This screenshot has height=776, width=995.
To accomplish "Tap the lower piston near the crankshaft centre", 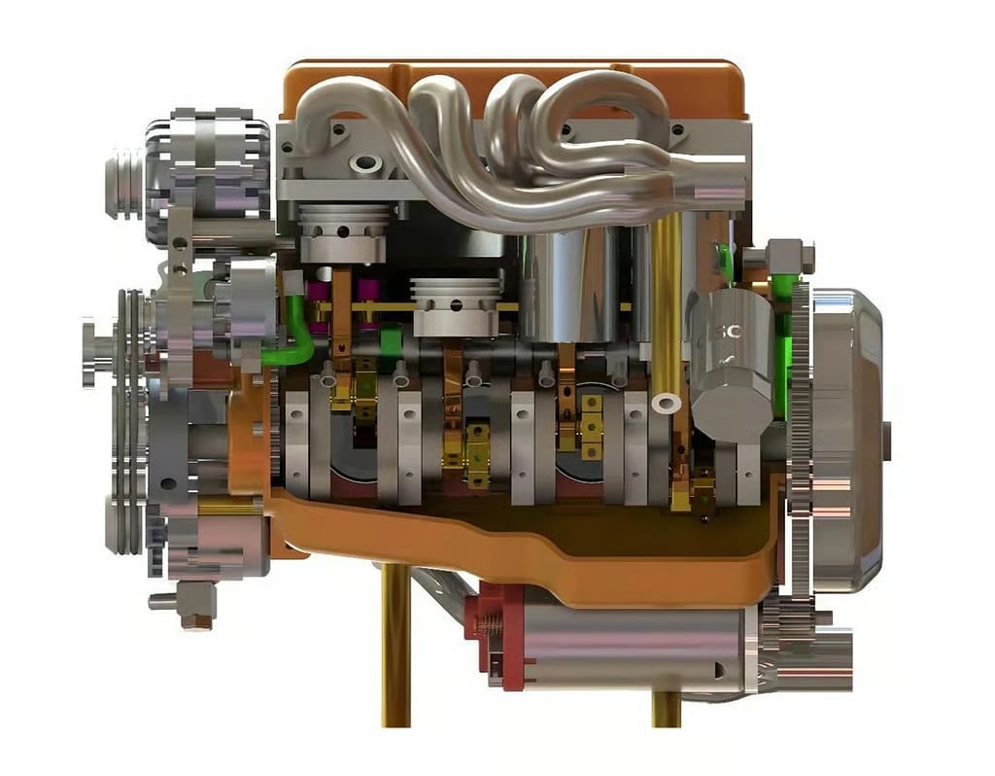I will pyautogui.click(x=457, y=306).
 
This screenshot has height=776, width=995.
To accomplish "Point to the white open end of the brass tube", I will pyautogui.click(x=667, y=401).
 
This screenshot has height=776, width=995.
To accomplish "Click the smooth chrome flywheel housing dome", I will pyautogui.click(x=845, y=438).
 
